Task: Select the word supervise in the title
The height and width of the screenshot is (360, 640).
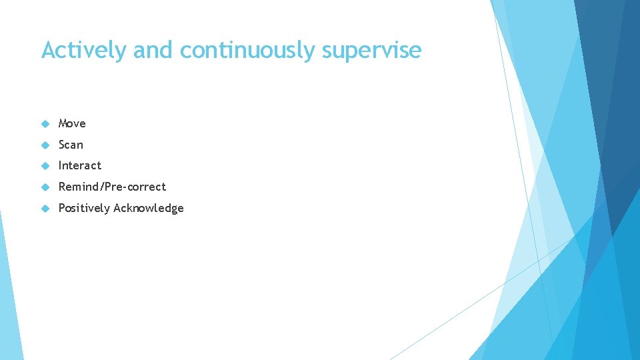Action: pos(371,50)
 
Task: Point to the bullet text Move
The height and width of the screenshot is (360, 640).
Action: pos(72,123)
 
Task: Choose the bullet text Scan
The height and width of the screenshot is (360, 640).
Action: pos(71,145)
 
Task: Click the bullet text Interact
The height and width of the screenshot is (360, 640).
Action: pos(80,165)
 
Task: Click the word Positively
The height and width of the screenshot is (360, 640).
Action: pos(84,208)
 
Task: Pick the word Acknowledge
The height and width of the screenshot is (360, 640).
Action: pos(149,208)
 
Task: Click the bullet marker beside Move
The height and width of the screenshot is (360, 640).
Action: pos(45,123)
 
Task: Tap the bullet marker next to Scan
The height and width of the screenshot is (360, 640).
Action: pos(45,145)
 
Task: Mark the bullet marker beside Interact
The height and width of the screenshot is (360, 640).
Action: pos(45,165)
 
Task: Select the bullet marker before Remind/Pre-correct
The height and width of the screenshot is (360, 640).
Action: pos(45,187)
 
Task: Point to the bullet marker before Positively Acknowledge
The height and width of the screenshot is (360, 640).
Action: pos(45,208)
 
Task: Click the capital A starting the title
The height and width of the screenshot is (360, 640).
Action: pos(48,50)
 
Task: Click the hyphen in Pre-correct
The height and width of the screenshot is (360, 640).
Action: pos(123,187)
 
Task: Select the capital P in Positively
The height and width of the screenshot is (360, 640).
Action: pos(62,208)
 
